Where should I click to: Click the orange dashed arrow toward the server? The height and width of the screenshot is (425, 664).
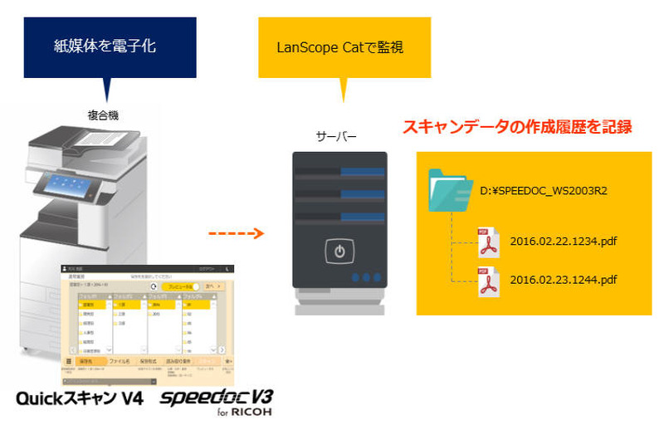tap(235, 233)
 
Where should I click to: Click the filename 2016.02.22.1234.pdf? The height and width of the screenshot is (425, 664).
tap(564, 242)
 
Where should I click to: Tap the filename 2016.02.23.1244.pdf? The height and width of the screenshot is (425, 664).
tap(564, 281)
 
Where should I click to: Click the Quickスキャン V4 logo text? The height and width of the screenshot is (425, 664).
tap(80, 399)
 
